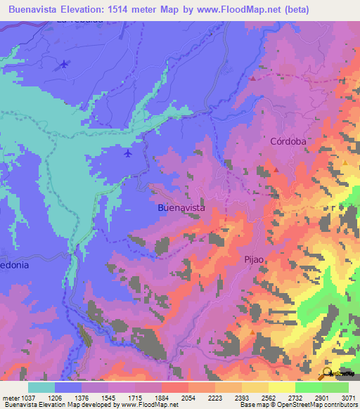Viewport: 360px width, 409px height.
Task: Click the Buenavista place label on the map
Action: (181, 208)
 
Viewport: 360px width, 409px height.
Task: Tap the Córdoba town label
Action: (288, 141)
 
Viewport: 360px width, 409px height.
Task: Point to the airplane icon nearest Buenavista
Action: (127, 152)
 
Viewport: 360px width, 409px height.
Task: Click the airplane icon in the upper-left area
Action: (65, 65)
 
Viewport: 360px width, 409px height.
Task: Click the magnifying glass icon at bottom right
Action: (328, 372)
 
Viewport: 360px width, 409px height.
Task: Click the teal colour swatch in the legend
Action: (41, 387)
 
